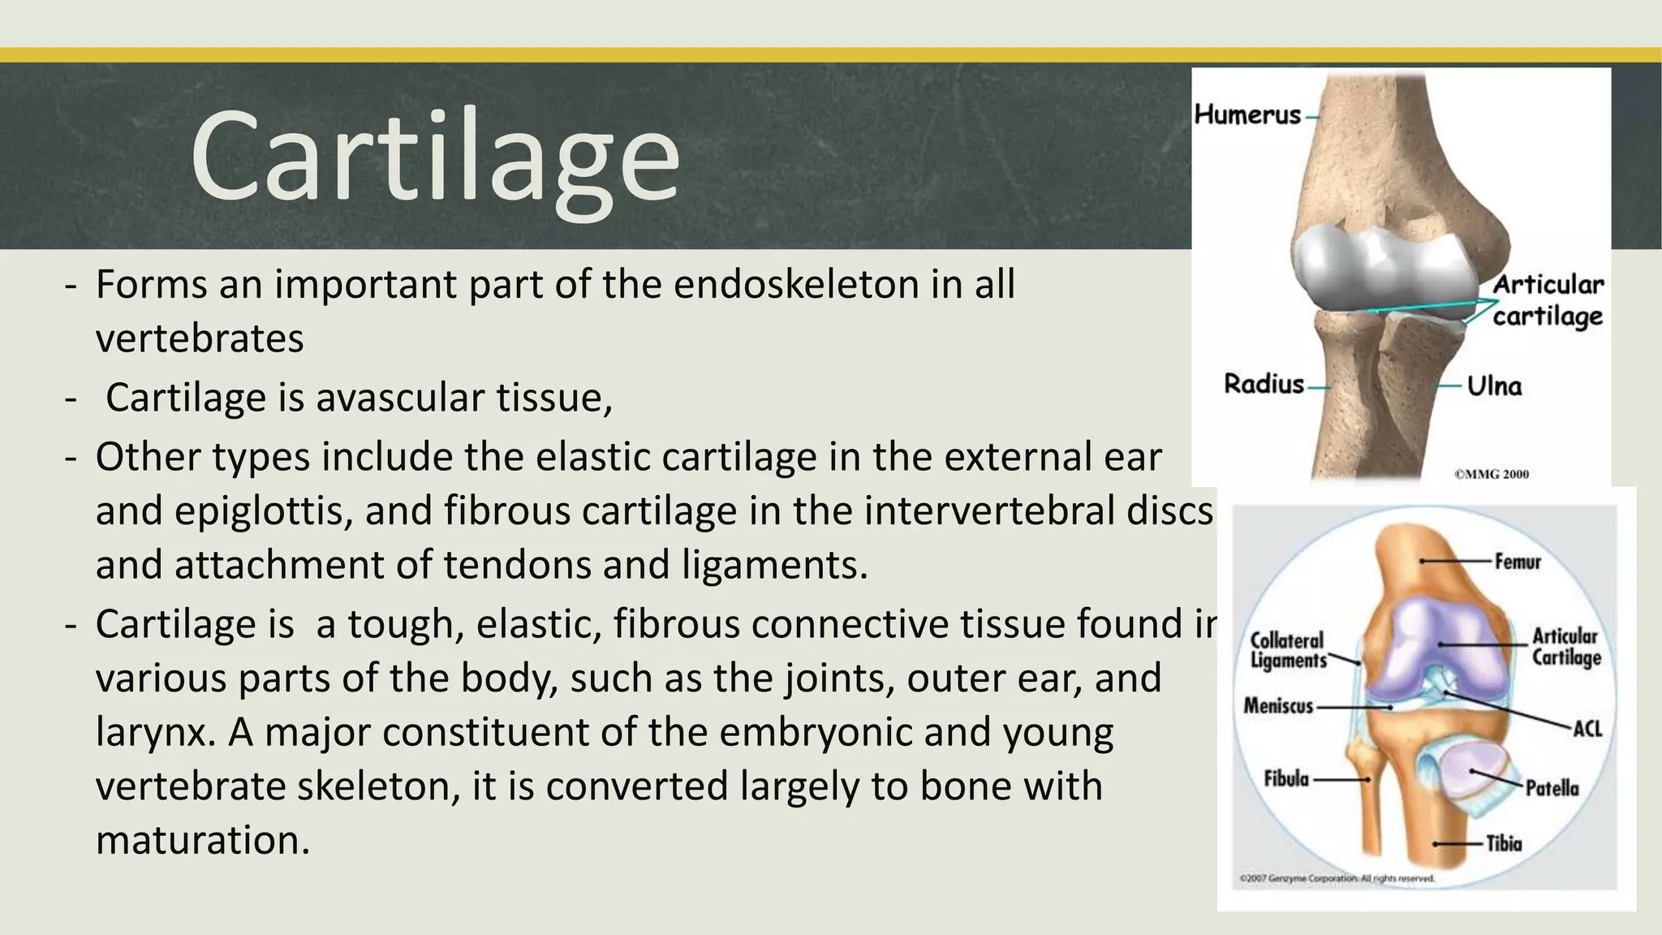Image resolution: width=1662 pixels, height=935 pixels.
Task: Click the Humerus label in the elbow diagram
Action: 1247,115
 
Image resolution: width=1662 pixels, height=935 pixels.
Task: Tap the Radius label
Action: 1263,384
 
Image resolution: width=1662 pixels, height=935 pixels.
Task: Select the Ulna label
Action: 1494,386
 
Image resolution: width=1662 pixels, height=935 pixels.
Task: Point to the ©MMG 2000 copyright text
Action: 1491,474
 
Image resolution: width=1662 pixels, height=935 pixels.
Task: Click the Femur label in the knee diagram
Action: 1517,562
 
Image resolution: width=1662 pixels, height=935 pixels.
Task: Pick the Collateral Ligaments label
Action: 1288,650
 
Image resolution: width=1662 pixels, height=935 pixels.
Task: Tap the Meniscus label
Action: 1278,706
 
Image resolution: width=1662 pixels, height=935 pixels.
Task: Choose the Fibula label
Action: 1286,779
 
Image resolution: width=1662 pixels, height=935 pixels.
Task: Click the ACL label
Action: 1587,729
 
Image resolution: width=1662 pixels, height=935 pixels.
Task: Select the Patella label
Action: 1552,788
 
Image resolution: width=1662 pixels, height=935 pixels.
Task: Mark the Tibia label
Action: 1504,844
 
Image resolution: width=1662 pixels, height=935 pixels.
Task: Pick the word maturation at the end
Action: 203,841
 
